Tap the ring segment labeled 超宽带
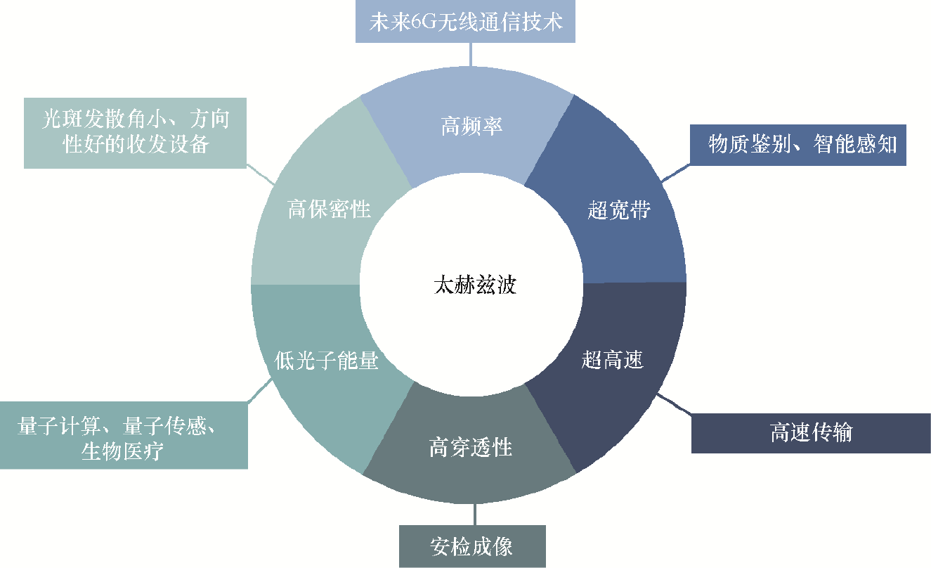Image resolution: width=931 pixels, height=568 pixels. click(618, 210)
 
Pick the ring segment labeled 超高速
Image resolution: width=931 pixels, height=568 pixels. click(613, 361)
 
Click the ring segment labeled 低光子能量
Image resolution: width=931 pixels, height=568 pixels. click(326, 361)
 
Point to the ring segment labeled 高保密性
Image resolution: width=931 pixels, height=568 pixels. click(329, 209)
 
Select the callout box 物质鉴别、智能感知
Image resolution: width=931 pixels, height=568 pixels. click(797, 146)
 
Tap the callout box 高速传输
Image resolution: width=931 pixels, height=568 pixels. click(811, 433)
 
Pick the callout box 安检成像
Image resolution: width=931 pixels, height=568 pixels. click(471, 547)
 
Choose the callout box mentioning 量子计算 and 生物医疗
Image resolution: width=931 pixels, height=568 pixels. click(124, 436)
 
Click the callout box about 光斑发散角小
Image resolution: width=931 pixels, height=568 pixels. click(136, 131)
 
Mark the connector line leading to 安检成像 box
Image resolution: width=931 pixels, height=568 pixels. click(474, 515)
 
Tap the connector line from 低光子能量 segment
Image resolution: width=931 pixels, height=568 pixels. click(261, 391)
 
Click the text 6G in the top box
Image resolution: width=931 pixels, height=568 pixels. click(429, 22)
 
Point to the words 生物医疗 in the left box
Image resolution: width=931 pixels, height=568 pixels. click(123, 451)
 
